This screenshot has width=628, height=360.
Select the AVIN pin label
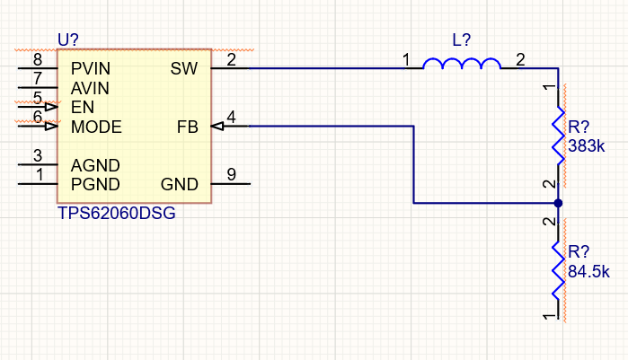click(90, 88)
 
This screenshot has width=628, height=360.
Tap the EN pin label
click(83, 107)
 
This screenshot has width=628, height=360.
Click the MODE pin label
click(96, 127)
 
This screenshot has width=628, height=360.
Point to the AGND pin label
click(95, 166)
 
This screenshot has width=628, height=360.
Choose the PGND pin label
click(95, 185)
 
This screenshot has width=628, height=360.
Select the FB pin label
click(188, 127)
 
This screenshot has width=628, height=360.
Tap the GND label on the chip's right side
click(180, 185)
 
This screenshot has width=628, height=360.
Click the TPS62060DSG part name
click(116, 214)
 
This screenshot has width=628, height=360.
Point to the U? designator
click(68, 40)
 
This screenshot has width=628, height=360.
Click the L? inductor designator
click(462, 40)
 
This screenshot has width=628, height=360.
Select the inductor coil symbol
click(462, 64)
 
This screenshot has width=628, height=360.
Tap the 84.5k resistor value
click(589, 271)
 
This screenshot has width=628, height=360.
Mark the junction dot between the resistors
click(559, 204)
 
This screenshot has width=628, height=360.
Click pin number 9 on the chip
click(232, 174)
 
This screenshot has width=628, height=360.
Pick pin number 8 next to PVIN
click(37, 59)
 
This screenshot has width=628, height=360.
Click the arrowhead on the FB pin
click(217, 127)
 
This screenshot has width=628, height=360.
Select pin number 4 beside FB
click(232, 117)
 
